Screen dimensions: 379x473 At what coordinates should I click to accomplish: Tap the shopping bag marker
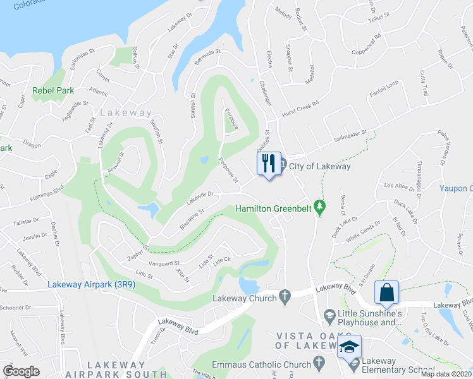(x=386, y=292)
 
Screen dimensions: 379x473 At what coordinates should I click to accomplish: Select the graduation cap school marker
(x=348, y=346)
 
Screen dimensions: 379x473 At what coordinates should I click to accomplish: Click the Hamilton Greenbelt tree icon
(x=320, y=206)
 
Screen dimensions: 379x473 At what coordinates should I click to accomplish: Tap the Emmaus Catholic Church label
(x=267, y=364)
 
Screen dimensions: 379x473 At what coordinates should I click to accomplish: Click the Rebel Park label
(x=53, y=91)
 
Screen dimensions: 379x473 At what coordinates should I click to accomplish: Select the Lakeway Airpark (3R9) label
(x=91, y=285)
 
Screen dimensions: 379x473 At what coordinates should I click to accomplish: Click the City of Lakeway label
(x=319, y=166)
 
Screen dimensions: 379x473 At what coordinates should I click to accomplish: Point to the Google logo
(x=21, y=371)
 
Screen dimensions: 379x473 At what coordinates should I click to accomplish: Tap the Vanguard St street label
(x=164, y=263)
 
